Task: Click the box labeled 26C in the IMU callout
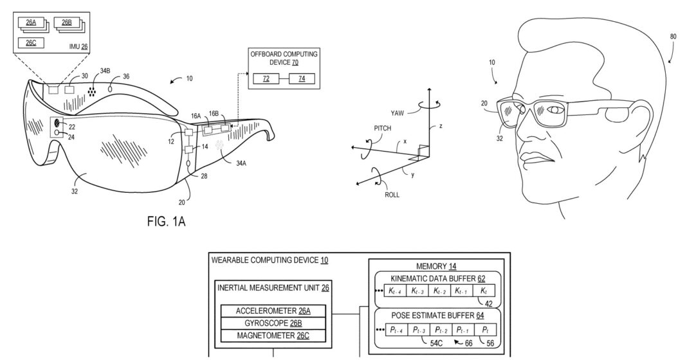[x=32, y=42]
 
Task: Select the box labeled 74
[x=302, y=78]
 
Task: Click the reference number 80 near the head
[x=673, y=37]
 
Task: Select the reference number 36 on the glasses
[x=126, y=76]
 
